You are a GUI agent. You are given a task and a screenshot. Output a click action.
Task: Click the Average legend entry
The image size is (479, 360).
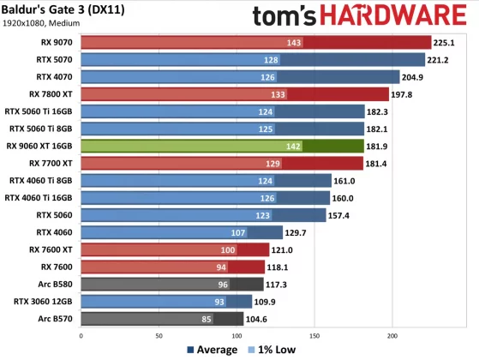pyautogui.click(x=212, y=350)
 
